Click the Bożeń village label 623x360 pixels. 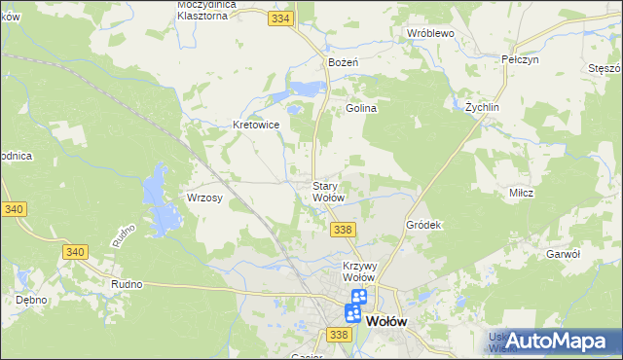click(x=344, y=61)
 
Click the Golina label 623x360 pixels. click(x=361, y=108)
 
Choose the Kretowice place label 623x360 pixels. click(x=257, y=125)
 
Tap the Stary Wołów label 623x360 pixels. click(x=328, y=192)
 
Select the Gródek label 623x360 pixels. click(x=423, y=224)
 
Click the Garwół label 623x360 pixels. click(x=564, y=253)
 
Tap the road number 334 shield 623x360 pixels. click(x=282, y=18)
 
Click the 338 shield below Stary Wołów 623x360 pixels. click(x=342, y=229)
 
